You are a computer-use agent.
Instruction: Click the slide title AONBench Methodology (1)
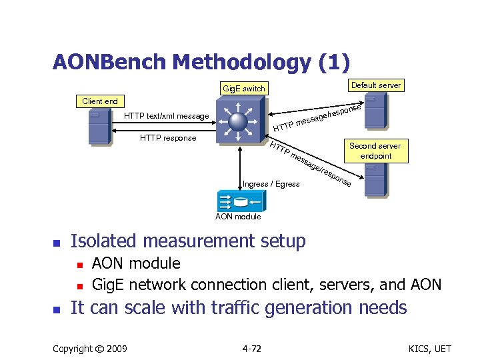[201, 62]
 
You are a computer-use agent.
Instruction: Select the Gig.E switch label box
[243, 88]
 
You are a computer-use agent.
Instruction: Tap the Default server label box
[376, 85]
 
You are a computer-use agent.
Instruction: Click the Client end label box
[99, 101]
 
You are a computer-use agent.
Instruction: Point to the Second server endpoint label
[375, 151]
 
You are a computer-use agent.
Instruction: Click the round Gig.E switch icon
[239, 121]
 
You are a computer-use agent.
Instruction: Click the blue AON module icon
[238, 201]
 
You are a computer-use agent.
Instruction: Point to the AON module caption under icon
[238, 217]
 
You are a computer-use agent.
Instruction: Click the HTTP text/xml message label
[167, 116]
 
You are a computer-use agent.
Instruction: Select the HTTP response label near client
[168, 138]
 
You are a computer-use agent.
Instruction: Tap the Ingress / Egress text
[271, 183]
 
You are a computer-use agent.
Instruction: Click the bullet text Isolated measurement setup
[188, 241]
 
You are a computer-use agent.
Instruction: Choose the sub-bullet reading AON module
[136, 263]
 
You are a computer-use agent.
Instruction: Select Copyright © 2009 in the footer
[90, 349]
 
